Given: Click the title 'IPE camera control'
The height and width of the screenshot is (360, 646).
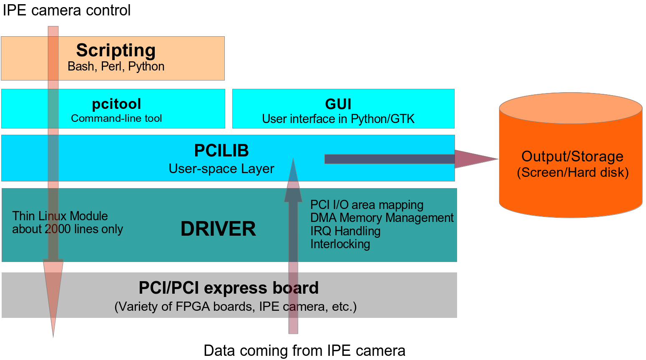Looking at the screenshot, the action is click(x=67, y=11).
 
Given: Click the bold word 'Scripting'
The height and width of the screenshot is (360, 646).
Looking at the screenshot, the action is click(x=116, y=50).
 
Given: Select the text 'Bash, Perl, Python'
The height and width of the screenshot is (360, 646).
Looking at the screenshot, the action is click(x=116, y=66).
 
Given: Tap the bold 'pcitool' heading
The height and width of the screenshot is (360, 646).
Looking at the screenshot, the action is click(x=116, y=104).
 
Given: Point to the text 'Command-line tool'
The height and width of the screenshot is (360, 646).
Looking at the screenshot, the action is click(x=116, y=118).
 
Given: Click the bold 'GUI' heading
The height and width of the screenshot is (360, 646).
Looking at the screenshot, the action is click(x=338, y=104).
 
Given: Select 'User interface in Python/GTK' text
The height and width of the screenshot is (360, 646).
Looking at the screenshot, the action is click(x=338, y=119).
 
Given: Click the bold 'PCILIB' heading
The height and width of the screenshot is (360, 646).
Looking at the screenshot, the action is click(x=221, y=150).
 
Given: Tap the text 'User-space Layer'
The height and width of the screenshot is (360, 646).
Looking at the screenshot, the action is click(x=221, y=169).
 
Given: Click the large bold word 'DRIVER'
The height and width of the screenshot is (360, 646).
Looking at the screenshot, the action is click(x=218, y=229).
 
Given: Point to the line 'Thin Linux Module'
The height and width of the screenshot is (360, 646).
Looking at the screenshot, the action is click(x=60, y=216).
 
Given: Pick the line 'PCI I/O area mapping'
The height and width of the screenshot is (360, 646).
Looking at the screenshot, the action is click(x=367, y=205).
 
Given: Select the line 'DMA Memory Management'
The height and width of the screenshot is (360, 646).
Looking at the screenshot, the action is click(x=382, y=218).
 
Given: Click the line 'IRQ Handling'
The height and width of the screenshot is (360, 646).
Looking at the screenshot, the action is click(x=345, y=231).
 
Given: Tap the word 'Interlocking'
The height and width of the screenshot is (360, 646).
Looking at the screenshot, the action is click(x=340, y=244).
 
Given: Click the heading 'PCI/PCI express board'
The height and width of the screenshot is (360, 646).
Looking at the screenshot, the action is click(x=229, y=288).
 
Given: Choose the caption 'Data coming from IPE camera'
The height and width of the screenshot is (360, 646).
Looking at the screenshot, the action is click(x=304, y=351).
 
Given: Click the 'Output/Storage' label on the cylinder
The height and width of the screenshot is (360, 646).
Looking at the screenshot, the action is click(x=573, y=156).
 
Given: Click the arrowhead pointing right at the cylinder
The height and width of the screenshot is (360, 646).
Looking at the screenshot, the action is click(x=476, y=159).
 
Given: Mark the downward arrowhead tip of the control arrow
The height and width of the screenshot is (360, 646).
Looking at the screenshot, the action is click(x=53, y=337).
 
